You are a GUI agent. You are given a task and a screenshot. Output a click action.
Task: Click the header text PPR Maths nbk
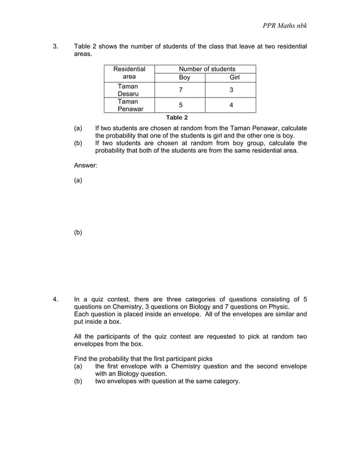click(x=284, y=26)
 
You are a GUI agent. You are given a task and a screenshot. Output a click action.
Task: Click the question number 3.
click(x=55, y=46)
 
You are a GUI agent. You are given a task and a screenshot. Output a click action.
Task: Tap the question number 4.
click(x=55, y=299)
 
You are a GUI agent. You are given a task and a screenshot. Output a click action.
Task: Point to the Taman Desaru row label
click(x=129, y=90)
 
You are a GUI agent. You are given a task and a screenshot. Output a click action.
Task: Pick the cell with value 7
click(x=181, y=90)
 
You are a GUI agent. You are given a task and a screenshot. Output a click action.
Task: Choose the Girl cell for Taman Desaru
click(x=231, y=90)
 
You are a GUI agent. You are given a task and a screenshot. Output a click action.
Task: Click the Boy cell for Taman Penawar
click(x=181, y=105)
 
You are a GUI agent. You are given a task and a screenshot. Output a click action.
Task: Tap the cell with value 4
click(x=231, y=105)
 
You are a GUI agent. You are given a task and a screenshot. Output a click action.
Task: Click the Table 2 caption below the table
click(x=177, y=117)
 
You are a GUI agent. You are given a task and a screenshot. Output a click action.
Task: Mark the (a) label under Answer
click(x=78, y=181)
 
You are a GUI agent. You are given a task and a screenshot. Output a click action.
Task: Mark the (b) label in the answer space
click(x=78, y=232)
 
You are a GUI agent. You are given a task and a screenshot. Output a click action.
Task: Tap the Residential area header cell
click(x=129, y=73)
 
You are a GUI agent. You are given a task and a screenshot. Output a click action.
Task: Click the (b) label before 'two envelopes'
click(x=78, y=381)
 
